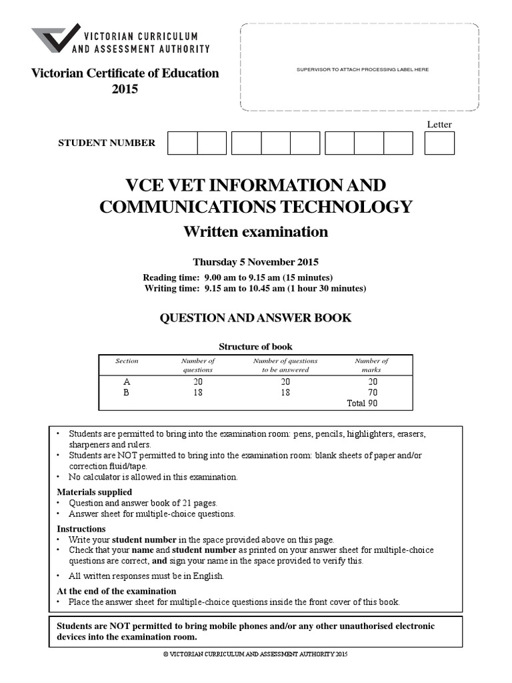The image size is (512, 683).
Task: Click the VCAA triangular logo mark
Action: [x=55, y=39]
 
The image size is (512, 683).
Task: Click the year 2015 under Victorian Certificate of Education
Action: [x=125, y=89]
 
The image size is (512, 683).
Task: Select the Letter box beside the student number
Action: [x=439, y=143]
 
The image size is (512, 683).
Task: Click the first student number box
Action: [x=182, y=143]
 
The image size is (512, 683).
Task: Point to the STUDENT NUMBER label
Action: [x=107, y=143]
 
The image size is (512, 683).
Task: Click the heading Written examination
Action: [x=256, y=231]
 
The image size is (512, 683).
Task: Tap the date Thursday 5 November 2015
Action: [x=256, y=262]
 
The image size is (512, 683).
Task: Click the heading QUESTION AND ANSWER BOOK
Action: [x=256, y=318]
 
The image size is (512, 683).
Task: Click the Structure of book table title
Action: [x=256, y=346]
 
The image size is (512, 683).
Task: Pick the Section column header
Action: [x=127, y=361]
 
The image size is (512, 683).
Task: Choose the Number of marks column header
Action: [x=371, y=365]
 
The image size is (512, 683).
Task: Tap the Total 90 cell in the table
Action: [x=363, y=404]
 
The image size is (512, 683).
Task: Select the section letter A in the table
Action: [x=127, y=382]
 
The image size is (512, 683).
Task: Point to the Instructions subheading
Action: [x=81, y=528]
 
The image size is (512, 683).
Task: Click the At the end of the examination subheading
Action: [x=117, y=591]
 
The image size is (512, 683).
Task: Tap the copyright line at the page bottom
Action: [x=256, y=654]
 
